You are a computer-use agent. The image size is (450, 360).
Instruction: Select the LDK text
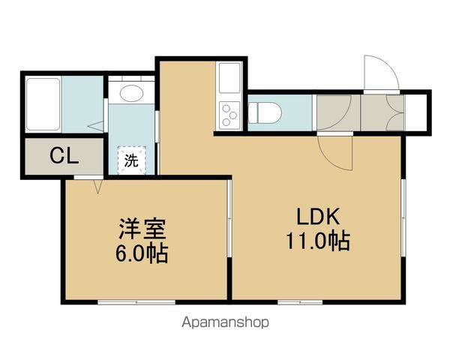click(319, 218)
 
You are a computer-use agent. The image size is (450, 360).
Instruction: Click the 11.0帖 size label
click(319, 242)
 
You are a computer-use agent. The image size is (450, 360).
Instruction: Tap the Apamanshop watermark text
click(225, 322)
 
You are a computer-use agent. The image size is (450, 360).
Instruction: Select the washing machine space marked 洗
click(131, 159)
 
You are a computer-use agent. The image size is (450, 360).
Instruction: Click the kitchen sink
click(229, 76)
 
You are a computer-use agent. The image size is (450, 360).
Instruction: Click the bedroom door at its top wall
click(98, 184)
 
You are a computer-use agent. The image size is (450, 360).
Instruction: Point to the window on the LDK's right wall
click(403, 217)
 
